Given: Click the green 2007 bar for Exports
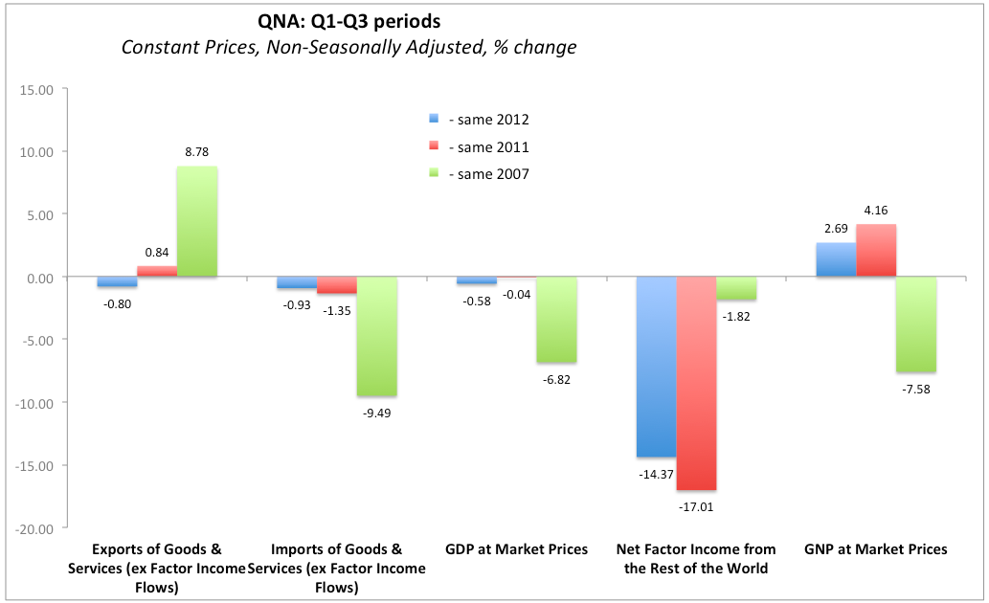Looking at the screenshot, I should (197, 222).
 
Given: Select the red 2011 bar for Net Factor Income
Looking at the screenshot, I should (696, 383).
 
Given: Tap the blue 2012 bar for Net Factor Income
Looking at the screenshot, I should (656, 367).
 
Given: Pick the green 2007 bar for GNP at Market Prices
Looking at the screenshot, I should (916, 324).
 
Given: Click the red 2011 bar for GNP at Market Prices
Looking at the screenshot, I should (876, 251).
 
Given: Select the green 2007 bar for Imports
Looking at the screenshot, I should (377, 336).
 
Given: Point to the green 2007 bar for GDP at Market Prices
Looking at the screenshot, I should (556, 320).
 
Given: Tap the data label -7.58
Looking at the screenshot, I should (916, 388).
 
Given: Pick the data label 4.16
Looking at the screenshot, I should (876, 209).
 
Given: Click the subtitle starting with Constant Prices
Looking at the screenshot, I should (348, 47).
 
